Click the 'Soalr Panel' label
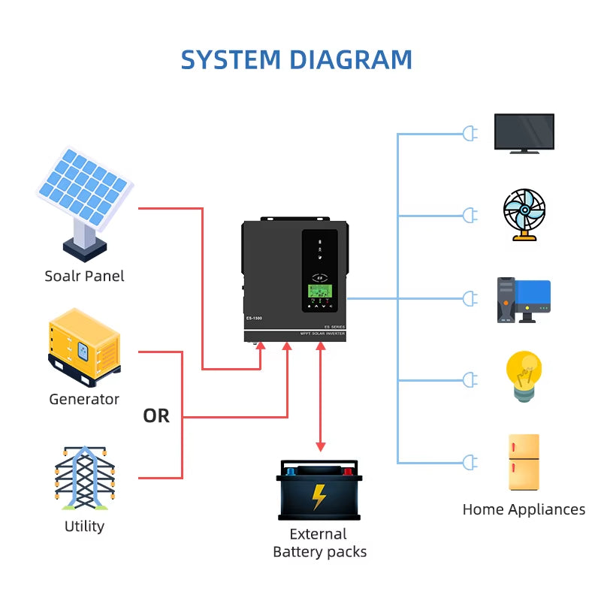(x=84, y=276)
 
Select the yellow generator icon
(x=84, y=346)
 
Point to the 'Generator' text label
(x=84, y=399)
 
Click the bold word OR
(x=156, y=415)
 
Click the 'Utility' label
(x=84, y=526)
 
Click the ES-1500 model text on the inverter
(x=254, y=319)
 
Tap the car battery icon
(x=319, y=490)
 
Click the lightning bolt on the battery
(x=319, y=497)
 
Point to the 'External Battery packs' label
(x=319, y=543)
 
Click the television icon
(x=524, y=133)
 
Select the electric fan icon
(x=524, y=214)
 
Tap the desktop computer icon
(x=524, y=300)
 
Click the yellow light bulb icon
(x=524, y=378)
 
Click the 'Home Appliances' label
(x=524, y=509)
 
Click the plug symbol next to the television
(x=470, y=134)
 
